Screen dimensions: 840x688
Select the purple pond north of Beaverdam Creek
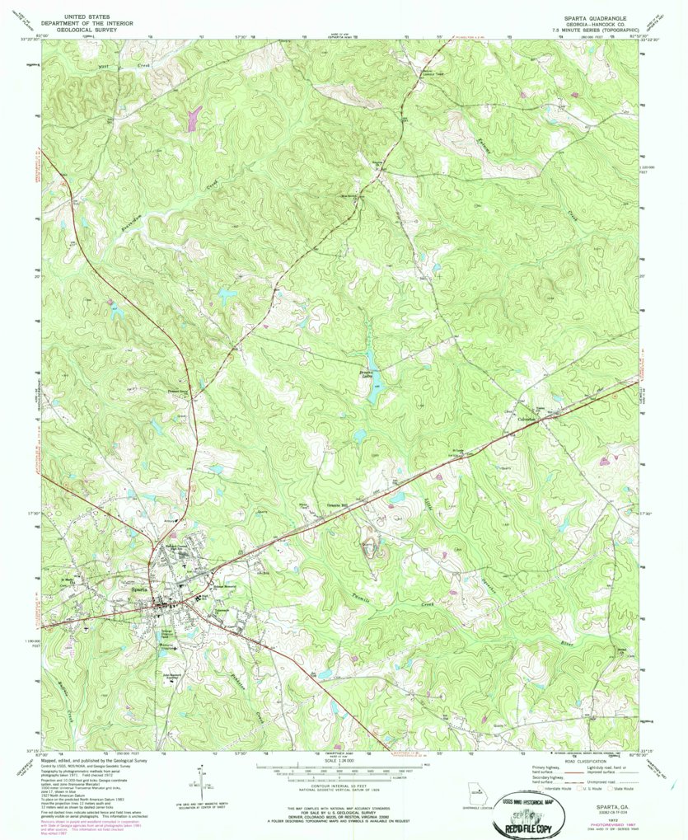point(195,118)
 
